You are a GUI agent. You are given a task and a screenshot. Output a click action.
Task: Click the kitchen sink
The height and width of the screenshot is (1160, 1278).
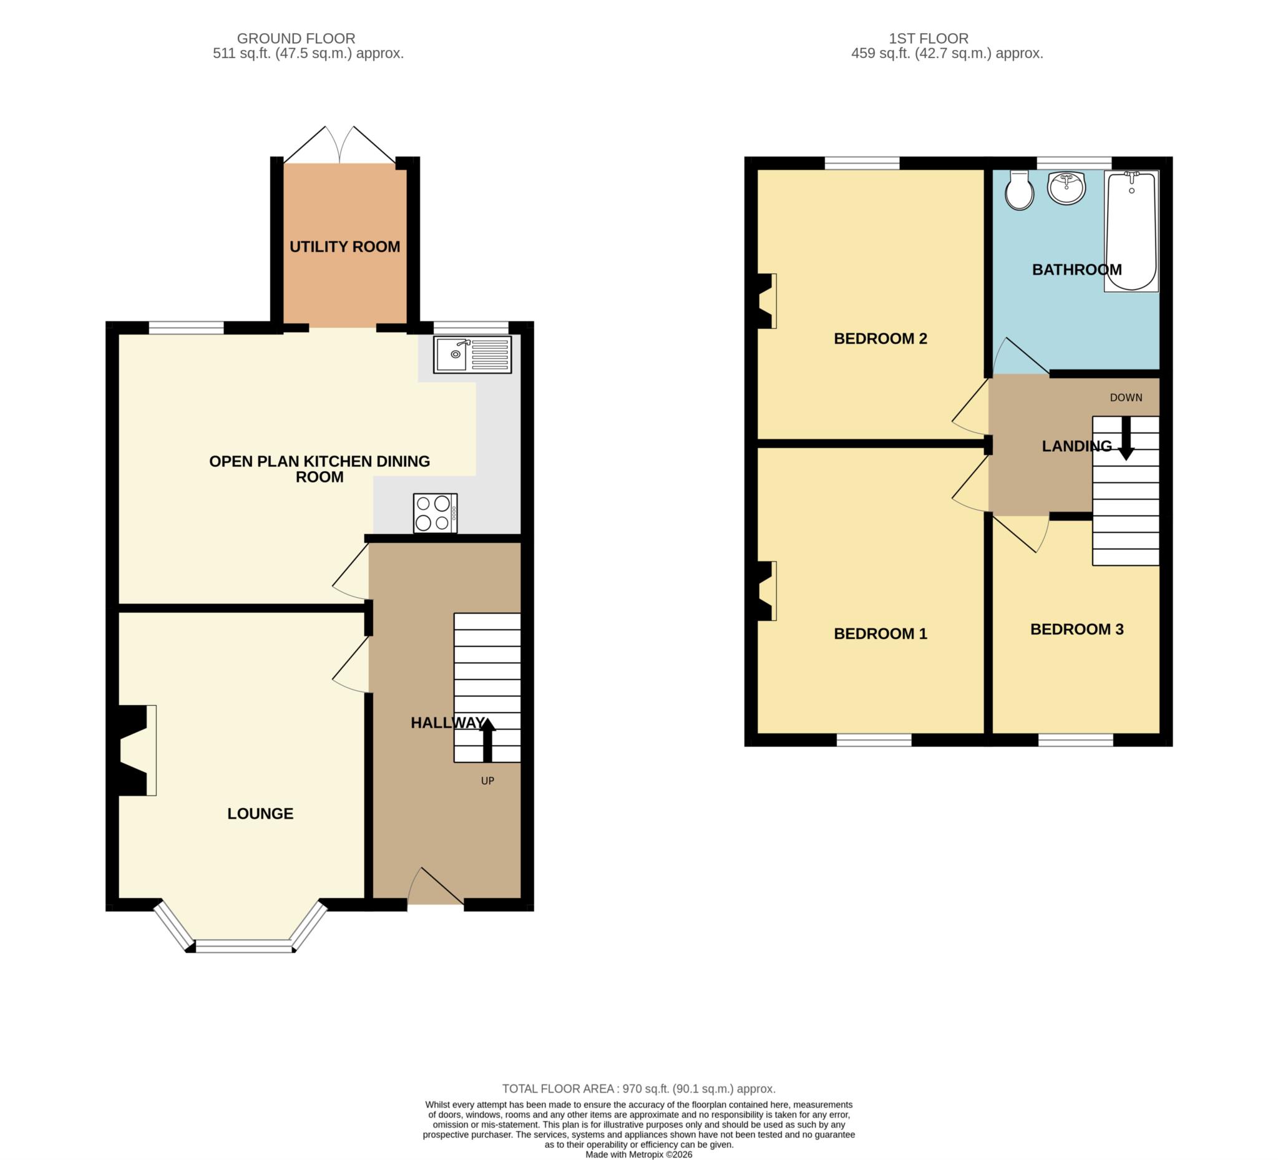[472, 354]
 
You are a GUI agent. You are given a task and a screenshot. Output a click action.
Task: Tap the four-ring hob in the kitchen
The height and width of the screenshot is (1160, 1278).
[435, 514]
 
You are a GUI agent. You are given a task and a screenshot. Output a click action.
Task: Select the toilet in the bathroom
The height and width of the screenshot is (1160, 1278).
[1020, 190]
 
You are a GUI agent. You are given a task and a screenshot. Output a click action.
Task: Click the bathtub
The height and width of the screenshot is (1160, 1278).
[1131, 232]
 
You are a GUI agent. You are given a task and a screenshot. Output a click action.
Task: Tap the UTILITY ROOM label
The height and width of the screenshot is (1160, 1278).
[345, 246]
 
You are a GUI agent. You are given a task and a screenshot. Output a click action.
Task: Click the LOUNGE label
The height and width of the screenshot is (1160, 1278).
[261, 813]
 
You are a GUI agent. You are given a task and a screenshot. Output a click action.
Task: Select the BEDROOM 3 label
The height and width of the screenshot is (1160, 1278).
[1077, 629]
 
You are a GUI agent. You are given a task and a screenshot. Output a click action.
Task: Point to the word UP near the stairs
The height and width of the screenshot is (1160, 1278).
[487, 781]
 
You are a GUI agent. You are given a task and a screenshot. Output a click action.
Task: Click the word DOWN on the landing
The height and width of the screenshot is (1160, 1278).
[1126, 397]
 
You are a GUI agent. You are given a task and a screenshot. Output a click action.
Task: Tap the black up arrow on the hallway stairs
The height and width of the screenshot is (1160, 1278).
[487, 739]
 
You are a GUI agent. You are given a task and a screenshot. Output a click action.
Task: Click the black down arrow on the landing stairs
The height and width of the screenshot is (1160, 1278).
[1126, 438]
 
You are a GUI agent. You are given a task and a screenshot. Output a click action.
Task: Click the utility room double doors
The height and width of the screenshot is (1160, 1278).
[341, 145]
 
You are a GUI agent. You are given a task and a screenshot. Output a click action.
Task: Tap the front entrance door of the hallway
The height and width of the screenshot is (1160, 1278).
[436, 885]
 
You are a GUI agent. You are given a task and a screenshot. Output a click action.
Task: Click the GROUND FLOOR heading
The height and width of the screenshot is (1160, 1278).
[296, 39]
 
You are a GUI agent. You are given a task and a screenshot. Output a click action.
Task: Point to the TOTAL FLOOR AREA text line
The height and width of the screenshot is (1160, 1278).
[639, 1088]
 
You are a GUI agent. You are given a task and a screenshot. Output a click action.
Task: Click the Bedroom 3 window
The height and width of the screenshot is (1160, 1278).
[1076, 739]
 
